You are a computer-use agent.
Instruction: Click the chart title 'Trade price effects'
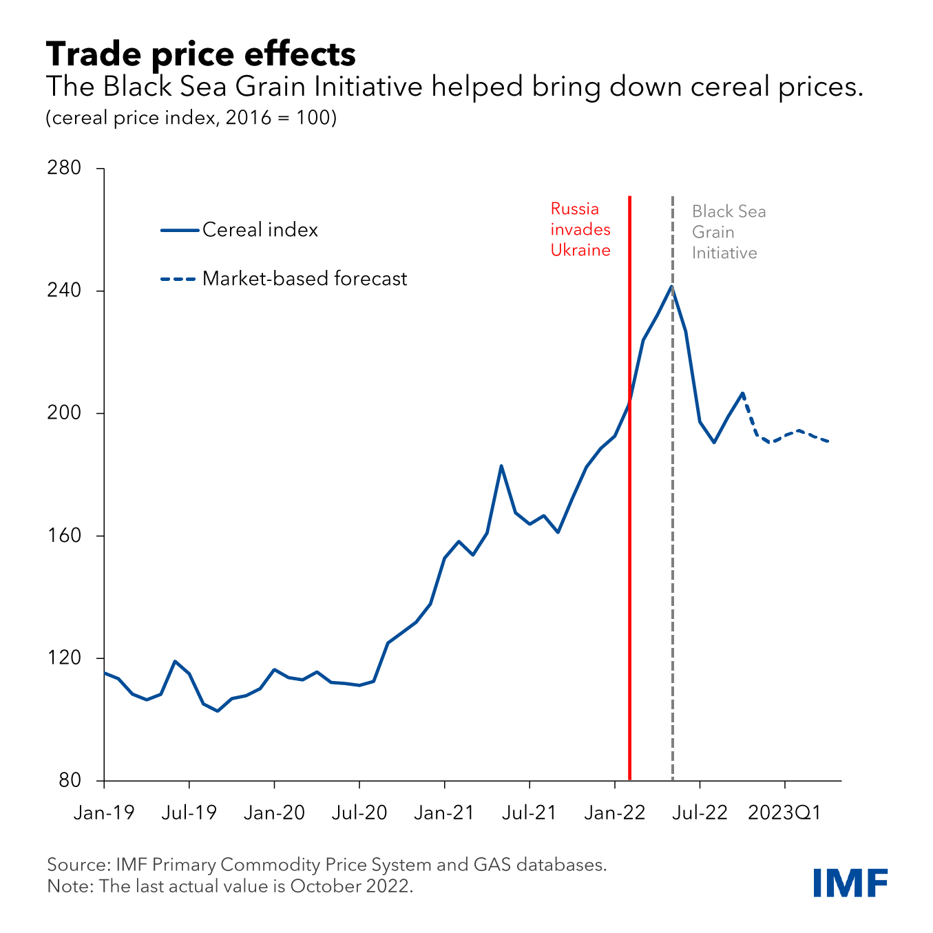click(x=200, y=54)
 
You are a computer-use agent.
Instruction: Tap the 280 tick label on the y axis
click(x=64, y=168)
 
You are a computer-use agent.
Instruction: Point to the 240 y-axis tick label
click(x=64, y=291)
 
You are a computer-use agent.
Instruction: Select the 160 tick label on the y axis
click(x=64, y=536)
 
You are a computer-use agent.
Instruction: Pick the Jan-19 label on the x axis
click(x=104, y=813)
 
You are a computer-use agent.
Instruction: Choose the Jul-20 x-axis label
click(x=359, y=813)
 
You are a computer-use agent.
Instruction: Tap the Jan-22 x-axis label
click(x=615, y=813)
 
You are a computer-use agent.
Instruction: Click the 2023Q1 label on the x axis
click(x=785, y=813)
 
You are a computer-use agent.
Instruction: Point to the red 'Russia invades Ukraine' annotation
click(x=580, y=229)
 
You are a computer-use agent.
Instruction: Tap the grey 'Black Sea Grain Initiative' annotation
click(x=728, y=232)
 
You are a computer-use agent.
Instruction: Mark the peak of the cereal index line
click(x=671, y=286)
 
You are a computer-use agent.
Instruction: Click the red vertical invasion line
click(x=629, y=551)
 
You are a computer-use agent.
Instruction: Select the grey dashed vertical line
click(x=673, y=551)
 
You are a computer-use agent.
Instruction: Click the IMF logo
click(x=850, y=883)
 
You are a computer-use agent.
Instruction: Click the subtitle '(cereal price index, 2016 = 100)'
click(x=191, y=118)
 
